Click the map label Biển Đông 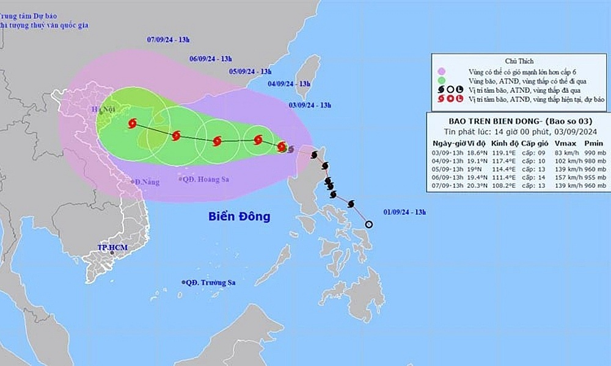239,217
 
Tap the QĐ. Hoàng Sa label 203,179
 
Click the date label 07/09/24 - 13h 169,40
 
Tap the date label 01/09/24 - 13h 404,212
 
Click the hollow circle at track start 368,224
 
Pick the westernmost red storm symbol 132,124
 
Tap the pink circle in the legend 442,71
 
